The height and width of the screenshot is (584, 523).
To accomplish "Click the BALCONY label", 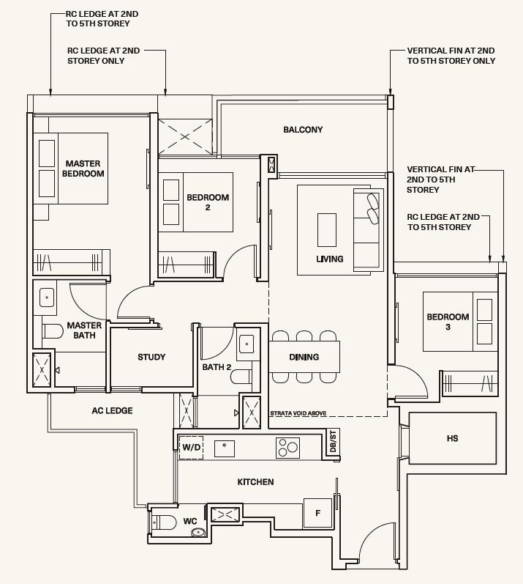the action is (303, 130).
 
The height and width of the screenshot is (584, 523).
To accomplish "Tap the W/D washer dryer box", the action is (191, 447).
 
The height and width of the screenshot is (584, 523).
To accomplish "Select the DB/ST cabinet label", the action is (333, 441).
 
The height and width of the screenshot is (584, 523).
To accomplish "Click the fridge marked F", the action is (317, 513).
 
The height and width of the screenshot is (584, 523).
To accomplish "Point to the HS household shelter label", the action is (452, 438).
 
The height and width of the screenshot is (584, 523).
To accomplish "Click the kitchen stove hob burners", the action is (287, 447).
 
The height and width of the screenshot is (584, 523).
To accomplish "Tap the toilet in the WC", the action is (164, 522).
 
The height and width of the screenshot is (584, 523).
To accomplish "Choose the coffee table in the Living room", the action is (327, 230).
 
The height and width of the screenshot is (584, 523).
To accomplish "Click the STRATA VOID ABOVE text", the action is (298, 413).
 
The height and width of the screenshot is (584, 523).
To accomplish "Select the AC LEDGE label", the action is (112, 410).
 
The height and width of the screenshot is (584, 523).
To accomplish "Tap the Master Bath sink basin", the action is (47, 298).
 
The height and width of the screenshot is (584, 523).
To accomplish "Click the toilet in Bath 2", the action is (241, 376).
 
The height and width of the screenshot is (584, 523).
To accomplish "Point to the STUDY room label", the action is (151, 357).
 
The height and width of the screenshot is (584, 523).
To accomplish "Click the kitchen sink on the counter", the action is (225, 448).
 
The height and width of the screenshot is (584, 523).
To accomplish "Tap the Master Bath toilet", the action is (53, 331).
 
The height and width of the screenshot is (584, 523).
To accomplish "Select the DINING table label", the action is (304, 357).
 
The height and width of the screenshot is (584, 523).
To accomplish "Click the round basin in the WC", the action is (198, 532).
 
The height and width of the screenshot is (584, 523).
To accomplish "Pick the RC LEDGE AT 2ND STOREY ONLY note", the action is (103, 56).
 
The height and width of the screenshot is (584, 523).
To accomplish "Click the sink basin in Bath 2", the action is (247, 344).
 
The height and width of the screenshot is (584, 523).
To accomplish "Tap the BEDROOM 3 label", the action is (448, 322).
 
